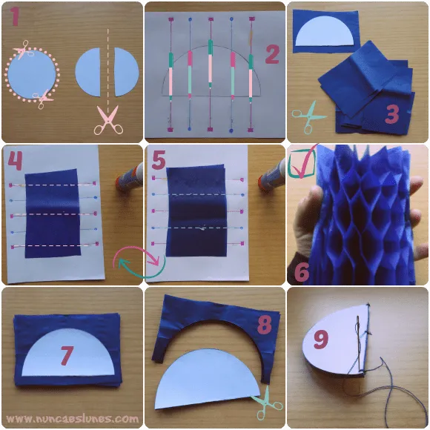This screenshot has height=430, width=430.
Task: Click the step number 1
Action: click(x=15, y=16)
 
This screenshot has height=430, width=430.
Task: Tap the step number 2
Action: click(x=272, y=54)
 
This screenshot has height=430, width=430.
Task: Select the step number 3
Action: click(x=392, y=114)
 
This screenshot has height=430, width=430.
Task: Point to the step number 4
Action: click(x=15, y=161)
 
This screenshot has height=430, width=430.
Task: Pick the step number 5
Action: click(x=158, y=160)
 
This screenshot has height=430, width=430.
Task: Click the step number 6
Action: click(x=302, y=272)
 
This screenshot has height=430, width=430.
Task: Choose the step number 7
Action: click(x=67, y=356)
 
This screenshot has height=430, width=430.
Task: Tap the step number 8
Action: click(x=265, y=325)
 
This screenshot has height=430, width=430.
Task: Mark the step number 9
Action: click(x=321, y=340)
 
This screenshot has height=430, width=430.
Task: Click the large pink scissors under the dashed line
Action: click(x=108, y=120)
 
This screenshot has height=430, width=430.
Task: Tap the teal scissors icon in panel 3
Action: click(x=308, y=117)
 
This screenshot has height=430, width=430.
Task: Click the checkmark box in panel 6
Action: click(x=302, y=162)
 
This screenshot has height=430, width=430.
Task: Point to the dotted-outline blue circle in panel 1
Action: click(x=32, y=75)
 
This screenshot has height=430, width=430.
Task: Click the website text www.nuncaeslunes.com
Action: click(x=72, y=419)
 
